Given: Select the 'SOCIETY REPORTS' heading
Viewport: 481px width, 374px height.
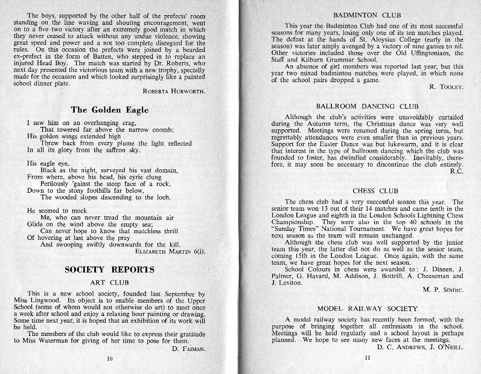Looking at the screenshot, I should [x=109, y=269].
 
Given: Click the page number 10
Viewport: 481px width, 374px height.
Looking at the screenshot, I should [x=109, y=358].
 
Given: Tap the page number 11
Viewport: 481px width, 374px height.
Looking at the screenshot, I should [x=367, y=358].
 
